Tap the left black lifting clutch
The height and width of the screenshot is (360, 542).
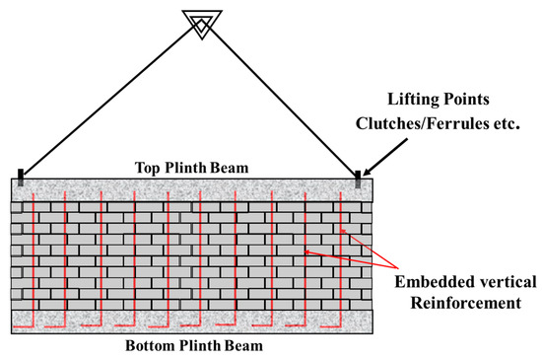click(x=20, y=178)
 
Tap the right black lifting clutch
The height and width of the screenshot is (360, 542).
click(x=358, y=178)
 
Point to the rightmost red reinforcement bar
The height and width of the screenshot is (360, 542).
click(x=340, y=256)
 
